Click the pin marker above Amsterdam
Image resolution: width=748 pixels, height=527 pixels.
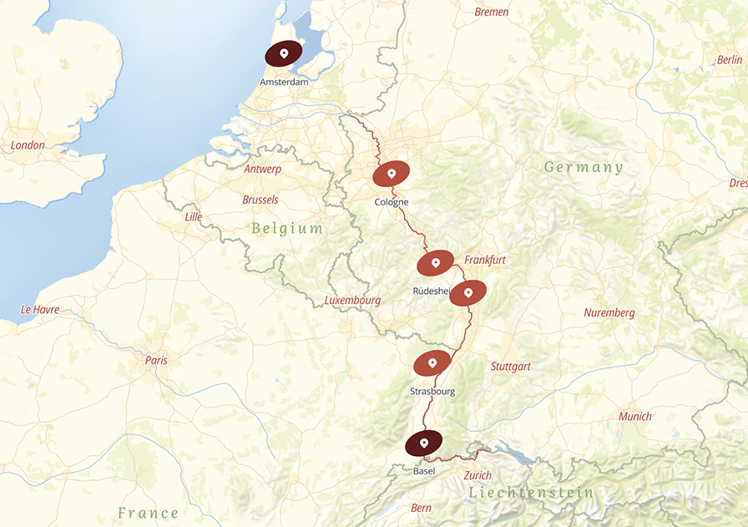[284, 54]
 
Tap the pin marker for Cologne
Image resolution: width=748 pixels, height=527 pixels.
[391, 174]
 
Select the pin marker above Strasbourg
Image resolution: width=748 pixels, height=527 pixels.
[432, 363]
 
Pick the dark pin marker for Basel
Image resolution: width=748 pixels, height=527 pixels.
[424, 443]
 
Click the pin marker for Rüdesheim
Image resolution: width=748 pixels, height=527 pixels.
[435, 263]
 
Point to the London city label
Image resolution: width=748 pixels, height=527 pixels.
[28, 145]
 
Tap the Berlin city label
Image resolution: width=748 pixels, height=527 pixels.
[729, 60]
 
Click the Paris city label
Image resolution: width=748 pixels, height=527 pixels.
[156, 361]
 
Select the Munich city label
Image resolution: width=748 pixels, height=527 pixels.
[634, 417]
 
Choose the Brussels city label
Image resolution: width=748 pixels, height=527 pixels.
[260, 200]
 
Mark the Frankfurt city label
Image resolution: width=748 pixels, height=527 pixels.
[485, 261]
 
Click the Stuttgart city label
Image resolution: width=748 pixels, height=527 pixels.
[510, 367]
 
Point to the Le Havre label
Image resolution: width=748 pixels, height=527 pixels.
[40, 310]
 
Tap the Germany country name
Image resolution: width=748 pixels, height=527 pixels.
[584, 168]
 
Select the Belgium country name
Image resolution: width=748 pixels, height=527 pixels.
[286, 229]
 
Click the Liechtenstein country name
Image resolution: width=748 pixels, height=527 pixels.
[531, 493]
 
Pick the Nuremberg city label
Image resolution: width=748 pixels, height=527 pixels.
[609, 313]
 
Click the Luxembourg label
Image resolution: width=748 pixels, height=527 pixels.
[351, 301]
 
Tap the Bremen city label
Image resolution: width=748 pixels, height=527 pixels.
[491, 13]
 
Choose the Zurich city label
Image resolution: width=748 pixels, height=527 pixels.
[477, 476]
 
